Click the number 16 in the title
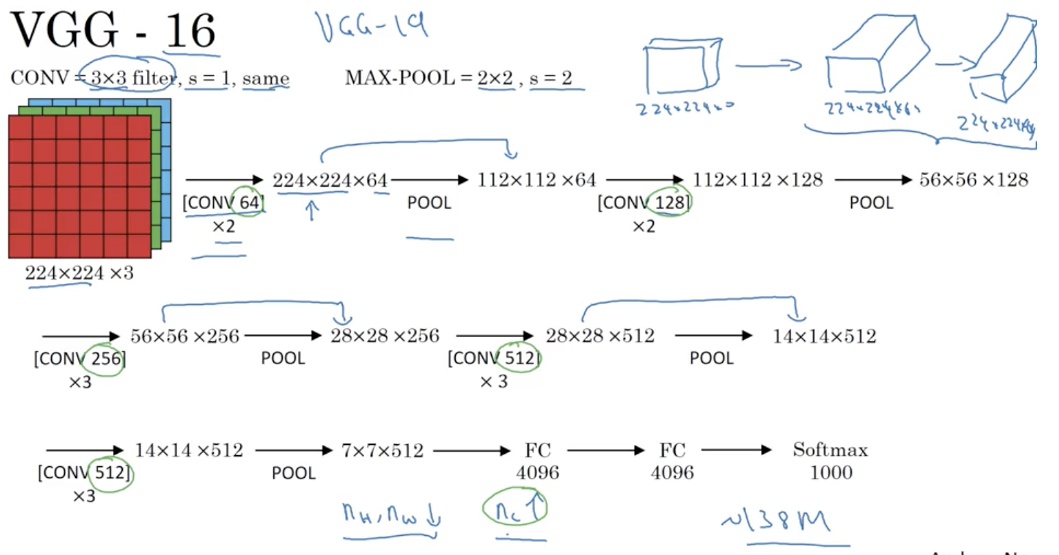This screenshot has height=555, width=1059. point(191,30)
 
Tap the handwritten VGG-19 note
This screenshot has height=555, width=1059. point(372,25)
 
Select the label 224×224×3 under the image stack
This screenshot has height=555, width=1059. point(79,273)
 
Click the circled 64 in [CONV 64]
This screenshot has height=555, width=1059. point(249,202)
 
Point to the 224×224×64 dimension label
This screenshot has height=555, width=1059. point(330,180)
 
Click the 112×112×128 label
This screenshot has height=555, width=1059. point(758,180)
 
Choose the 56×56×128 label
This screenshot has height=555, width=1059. point(973,180)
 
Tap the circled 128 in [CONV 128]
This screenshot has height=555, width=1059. point(670,202)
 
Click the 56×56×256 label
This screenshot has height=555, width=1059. point(184,336)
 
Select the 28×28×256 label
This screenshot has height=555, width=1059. point(385,336)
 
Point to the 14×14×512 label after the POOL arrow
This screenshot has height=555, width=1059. point(824,336)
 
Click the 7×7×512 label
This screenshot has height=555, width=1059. point(382,450)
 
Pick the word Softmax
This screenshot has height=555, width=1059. point(830,450)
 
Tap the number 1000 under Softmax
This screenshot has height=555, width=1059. point(831,472)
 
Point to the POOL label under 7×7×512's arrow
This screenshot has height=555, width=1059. point(294,473)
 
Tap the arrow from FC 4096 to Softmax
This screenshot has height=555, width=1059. point(737,450)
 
